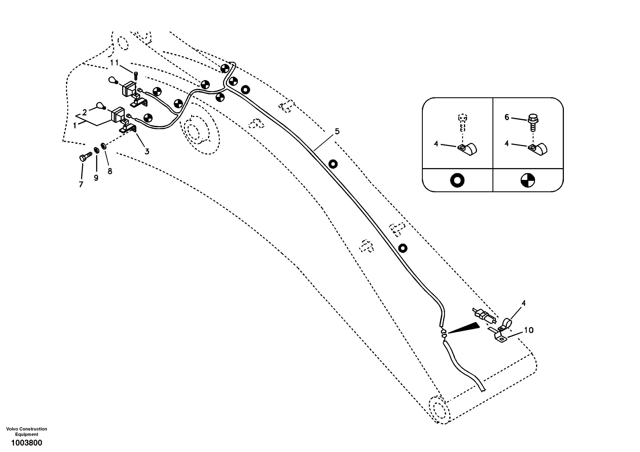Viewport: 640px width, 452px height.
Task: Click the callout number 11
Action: [114, 63]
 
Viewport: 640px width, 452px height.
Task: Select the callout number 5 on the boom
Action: [337, 132]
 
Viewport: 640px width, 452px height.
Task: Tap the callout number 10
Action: [529, 330]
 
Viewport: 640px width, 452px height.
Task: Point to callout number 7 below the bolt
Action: [81, 184]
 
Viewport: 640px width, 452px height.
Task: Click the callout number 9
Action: [96, 178]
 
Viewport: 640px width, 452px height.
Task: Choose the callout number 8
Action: [110, 171]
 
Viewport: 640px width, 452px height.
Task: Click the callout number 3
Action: [147, 152]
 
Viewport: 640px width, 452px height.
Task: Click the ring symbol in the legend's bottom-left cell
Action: [457, 181]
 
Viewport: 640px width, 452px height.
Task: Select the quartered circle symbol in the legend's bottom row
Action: [528, 181]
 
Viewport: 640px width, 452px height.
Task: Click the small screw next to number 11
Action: [136, 75]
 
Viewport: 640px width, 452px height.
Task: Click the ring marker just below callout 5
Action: [333, 164]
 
